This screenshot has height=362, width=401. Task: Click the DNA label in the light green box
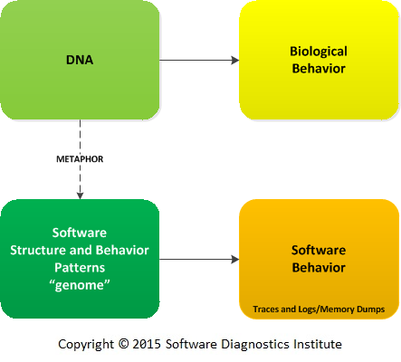pos(80,60)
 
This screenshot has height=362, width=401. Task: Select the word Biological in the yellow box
pos(319,52)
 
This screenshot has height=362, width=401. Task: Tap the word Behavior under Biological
pos(319,69)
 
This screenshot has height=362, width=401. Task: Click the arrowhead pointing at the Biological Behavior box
pos(235,60)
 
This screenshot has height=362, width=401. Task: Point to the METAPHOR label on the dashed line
pos(80,159)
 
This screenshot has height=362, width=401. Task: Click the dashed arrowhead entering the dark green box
pos(80,195)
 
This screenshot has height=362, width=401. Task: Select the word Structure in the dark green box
pos(38,250)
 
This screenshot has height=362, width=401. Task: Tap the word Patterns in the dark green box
pos(80,268)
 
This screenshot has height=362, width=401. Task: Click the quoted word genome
pos(80,285)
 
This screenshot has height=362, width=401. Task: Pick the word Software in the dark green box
pos(80,233)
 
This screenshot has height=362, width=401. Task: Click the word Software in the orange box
pos(319,250)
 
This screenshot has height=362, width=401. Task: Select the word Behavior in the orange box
pos(319,268)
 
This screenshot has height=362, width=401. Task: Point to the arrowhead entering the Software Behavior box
pos(235,259)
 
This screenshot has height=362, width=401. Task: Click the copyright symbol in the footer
pos(123,344)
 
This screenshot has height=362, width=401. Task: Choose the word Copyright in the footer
pos(86,345)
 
